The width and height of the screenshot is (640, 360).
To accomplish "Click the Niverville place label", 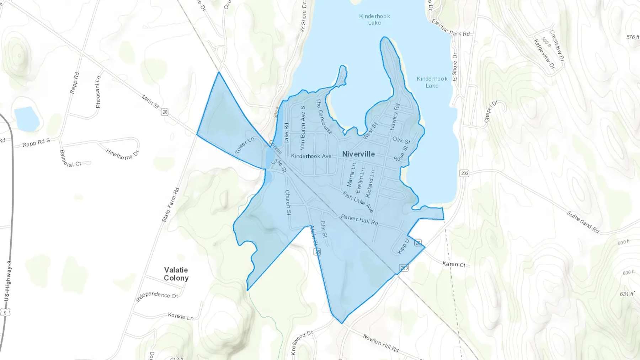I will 358,154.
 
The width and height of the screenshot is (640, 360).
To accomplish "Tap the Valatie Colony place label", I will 176,274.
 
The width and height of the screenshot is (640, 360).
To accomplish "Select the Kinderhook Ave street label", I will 311,156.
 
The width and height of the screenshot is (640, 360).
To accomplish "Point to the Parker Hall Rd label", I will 359,220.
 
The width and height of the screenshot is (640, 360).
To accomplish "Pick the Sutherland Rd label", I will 583,222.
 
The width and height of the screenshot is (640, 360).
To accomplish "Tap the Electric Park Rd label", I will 450,28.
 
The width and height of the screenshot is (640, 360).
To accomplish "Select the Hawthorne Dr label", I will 122,154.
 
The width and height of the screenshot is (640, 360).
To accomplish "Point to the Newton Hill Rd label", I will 380,343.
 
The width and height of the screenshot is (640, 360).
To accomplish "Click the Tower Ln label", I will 245,146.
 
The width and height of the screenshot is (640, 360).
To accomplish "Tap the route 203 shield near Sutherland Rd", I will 464,173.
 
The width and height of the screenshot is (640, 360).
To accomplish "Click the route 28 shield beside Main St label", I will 164,112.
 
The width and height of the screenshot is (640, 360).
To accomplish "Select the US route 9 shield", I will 5,312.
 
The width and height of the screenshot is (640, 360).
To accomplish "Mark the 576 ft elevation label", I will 633,37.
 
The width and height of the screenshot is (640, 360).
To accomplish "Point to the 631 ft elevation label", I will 627,294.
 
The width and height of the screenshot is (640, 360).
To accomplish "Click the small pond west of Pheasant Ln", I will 27,119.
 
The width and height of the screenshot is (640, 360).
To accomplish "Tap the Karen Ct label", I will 454,264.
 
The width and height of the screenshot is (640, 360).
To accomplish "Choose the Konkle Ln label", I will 181,316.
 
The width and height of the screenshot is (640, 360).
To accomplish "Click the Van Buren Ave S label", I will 303,127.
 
